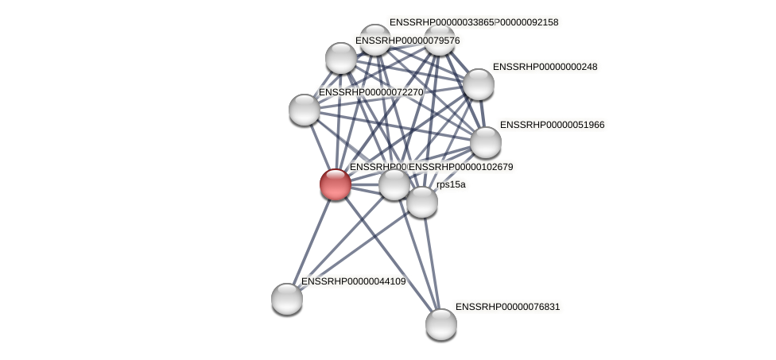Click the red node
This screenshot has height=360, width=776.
335,184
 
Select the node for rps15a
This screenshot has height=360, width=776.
421,201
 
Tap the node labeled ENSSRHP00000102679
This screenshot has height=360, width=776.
394,184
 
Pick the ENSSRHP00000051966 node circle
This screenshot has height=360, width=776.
485,142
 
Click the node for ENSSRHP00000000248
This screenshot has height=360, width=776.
478,84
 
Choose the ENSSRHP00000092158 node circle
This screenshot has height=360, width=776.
439,40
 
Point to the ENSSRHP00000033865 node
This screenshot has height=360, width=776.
374,40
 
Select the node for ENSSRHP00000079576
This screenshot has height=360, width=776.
340,58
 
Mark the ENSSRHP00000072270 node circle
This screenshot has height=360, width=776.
304,109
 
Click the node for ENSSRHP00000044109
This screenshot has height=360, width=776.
286,299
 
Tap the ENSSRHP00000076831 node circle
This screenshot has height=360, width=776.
440,323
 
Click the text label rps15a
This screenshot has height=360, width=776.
451,184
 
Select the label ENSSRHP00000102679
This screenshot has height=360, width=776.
460,167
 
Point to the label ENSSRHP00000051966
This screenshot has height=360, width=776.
552,125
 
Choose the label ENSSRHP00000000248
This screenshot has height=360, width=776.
545,67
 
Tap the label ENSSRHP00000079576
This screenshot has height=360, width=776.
407,41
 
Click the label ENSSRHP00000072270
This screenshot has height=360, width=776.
371,92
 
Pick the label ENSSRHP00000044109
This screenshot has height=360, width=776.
353,281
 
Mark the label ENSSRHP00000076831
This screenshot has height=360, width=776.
507,307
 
